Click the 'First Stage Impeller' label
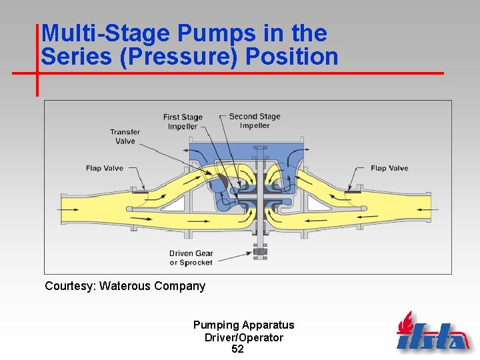point(183,121)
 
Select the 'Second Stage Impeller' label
point(255,121)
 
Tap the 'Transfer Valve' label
point(125,136)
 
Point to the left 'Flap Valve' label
point(105,168)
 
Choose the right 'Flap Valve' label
point(389,168)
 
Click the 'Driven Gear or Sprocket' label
point(191,257)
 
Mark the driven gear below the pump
point(259,253)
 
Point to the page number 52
point(237,349)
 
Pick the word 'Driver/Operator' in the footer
point(243,337)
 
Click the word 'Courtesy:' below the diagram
point(70,286)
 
